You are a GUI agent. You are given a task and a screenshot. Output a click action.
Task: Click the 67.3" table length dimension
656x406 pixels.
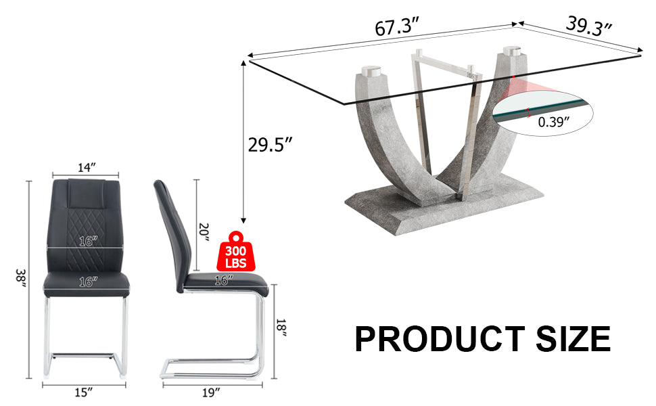398,29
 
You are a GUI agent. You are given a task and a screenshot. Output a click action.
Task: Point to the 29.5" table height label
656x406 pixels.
269,144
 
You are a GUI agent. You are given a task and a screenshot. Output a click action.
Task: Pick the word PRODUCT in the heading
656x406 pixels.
439,338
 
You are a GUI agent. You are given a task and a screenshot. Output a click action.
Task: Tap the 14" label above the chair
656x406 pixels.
86,166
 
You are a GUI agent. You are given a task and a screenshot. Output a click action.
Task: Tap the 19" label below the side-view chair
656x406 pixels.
212,392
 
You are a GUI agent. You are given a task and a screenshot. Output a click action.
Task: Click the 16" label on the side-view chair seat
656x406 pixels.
223,278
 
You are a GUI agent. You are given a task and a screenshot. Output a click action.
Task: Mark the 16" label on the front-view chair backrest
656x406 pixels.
86,240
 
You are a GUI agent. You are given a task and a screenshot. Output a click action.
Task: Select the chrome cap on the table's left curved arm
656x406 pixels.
371,71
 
